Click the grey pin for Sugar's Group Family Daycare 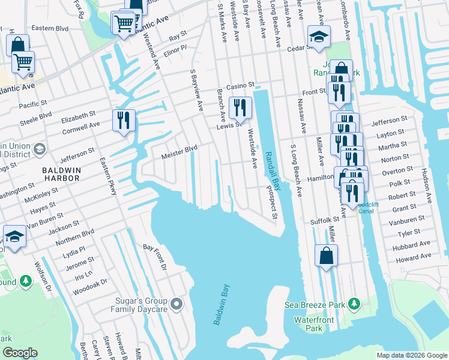[x=176, y=304]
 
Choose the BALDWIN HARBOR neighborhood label [x=66, y=170]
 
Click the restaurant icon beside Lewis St [x=240, y=107]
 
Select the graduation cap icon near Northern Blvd [x=14, y=236]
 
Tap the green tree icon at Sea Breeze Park [x=355, y=304]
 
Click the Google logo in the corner [x=20, y=353]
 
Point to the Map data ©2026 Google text [x=411, y=355]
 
